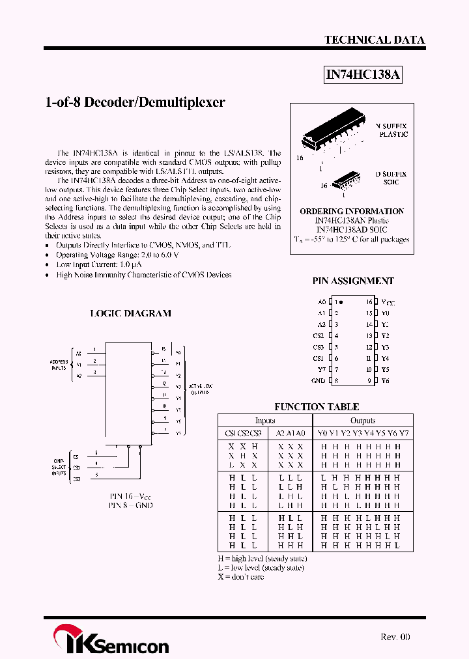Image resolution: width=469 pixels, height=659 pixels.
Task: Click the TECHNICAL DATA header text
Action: pyautogui.click(x=375, y=40)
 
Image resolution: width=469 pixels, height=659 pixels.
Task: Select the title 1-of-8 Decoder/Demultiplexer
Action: pyautogui.click(x=135, y=102)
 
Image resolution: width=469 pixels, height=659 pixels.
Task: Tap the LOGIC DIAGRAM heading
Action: pyautogui.click(x=130, y=313)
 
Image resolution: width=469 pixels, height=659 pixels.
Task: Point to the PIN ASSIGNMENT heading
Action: pyautogui.click(x=353, y=281)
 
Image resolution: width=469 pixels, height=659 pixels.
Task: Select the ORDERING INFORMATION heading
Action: pyautogui.click(x=352, y=211)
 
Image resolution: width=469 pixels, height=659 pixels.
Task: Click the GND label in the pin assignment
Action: pyautogui.click(x=318, y=380)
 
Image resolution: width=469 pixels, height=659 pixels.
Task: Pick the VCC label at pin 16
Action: pyautogui.click(x=388, y=302)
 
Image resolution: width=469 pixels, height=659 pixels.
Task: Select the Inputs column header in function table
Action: pyautogui.click(x=264, y=421)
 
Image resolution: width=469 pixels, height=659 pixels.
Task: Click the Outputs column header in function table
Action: pyautogui.click(x=363, y=421)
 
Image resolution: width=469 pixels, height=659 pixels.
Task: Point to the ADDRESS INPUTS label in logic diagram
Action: pyautogui.click(x=59, y=364)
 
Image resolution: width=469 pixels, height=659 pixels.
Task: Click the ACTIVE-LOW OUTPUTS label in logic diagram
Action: pyautogui.click(x=199, y=389)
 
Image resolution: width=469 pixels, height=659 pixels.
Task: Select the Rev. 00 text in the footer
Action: pyautogui.click(x=395, y=637)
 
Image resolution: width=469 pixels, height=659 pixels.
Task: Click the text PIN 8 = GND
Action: pyautogui.click(x=130, y=505)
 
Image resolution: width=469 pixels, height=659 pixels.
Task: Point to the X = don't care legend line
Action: pyautogui.click(x=241, y=577)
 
